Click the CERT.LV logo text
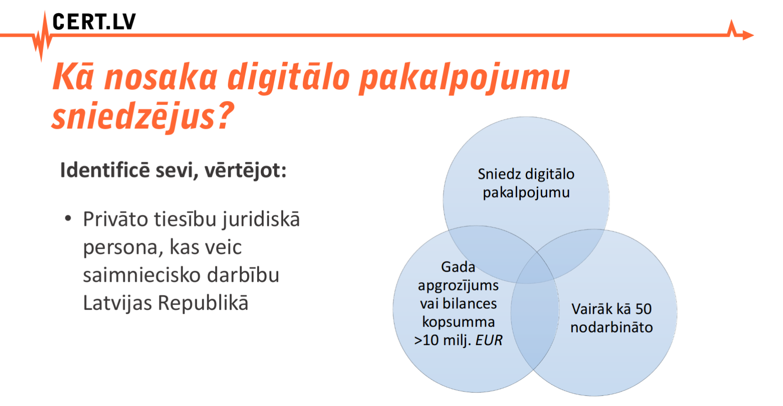point(94,21)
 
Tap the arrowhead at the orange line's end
point(748,35)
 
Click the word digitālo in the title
point(288,77)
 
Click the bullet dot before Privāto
point(68,219)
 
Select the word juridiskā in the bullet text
point(261,220)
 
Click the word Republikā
point(203,303)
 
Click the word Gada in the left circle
point(458,267)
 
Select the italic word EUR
point(489,340)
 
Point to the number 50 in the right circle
point(644,309)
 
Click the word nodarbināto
point(612,328)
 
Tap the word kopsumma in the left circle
point(458,322)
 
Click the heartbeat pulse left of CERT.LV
point(42,37)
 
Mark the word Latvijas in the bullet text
point(118,303)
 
